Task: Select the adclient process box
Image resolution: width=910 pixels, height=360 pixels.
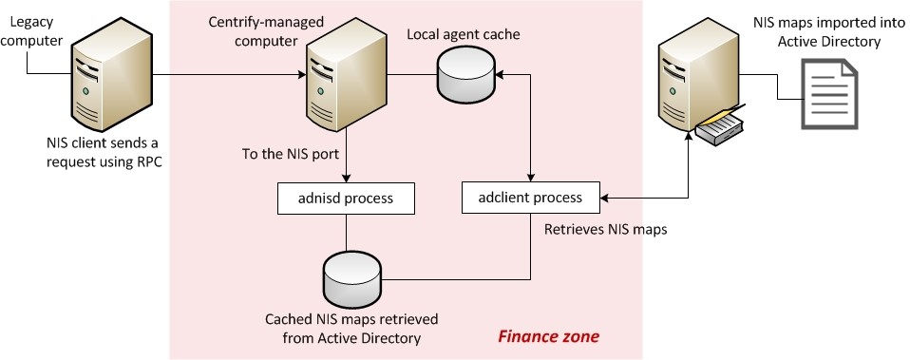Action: [533, 199]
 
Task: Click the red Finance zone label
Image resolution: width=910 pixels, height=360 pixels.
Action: [549, 336]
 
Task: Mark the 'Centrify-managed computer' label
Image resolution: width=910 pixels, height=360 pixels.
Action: [254, 30]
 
